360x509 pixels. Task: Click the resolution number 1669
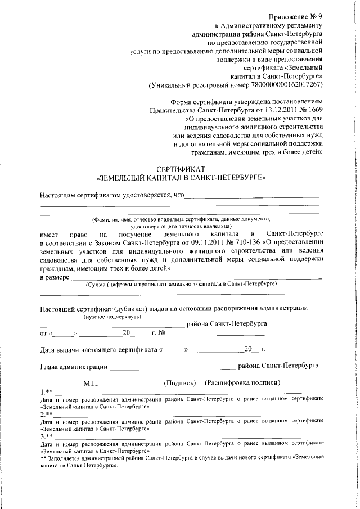[x=313, y=110]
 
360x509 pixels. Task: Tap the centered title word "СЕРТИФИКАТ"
[x=181, y=169]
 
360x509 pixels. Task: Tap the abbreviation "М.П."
[x=91, y=382]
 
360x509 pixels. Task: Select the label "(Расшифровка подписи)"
[x=243, y=382]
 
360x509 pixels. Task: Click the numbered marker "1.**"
[x=47, y=391]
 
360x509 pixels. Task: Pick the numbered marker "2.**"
[x=47, y=414]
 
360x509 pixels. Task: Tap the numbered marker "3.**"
[x=47, y=436]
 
